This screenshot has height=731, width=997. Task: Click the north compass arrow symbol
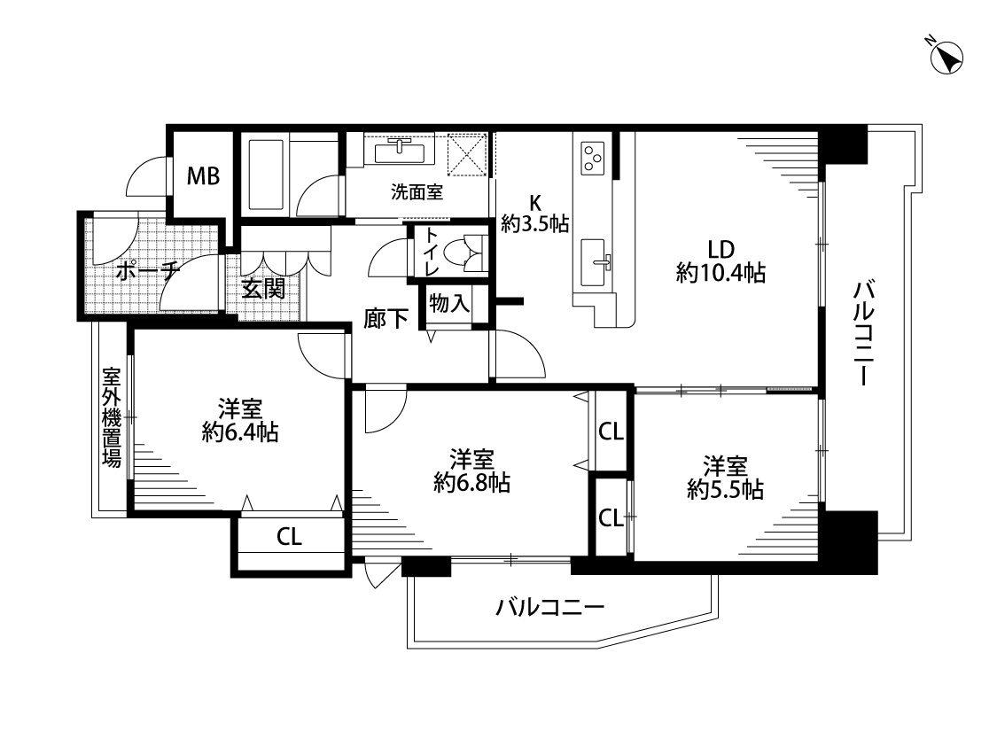tap(946, 58)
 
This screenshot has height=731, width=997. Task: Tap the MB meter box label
tap(203, 175)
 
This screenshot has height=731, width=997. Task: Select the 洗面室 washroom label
tap(417, 192)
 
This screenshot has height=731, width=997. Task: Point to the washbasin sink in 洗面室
tap(398, 152)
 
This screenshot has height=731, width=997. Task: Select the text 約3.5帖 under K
tap(534, 224)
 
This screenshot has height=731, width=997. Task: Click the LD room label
tap(720, 248)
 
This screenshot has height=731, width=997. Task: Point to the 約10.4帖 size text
tap(720, 273)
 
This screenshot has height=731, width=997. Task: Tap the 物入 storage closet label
tap(449, 303)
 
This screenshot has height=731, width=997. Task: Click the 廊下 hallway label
tap(386, 318)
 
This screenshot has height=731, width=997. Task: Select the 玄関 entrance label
tap(263, 289)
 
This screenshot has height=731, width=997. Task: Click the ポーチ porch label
tap(147, 272)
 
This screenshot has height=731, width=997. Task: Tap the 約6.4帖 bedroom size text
tap(239, 432)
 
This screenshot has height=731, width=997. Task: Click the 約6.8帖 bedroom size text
tap(471, 483)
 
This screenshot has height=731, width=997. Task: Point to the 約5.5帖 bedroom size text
tap(725, 490)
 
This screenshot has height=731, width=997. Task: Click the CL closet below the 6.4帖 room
tap(289, 537)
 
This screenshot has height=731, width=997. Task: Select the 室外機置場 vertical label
tap(112, 417)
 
